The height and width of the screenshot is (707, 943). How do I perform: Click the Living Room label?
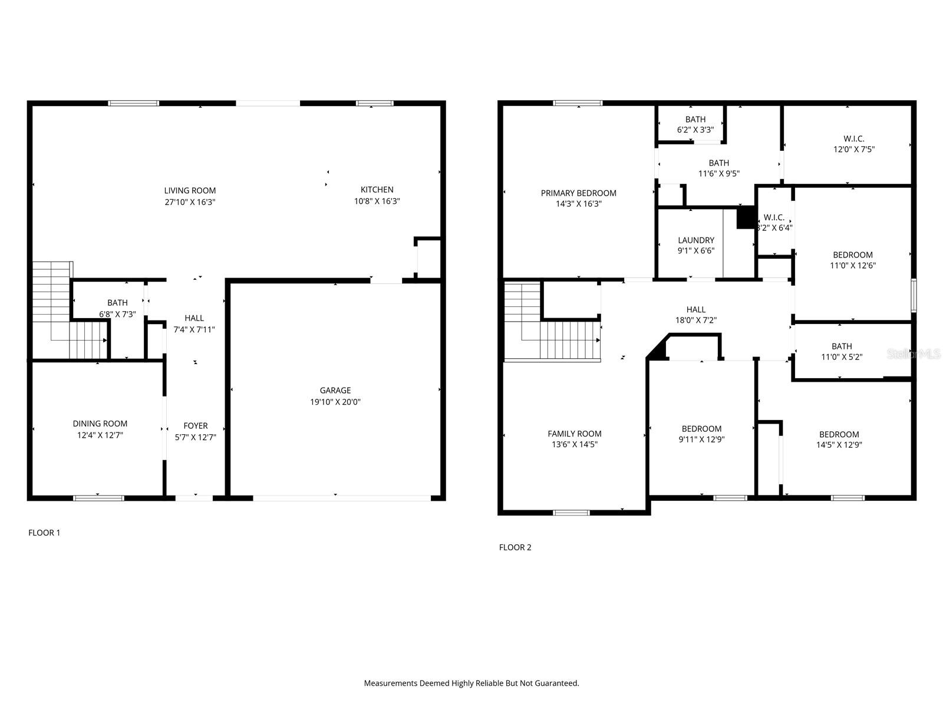click(190, 190)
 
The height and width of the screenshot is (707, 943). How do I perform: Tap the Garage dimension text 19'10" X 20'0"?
click(335, 402)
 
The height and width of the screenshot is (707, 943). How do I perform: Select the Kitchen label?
click(377, 190)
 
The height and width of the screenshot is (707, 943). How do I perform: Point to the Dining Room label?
click(100, 424)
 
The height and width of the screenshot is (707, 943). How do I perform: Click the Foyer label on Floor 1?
click(195, 425)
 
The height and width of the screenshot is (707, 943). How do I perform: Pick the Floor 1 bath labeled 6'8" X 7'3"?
click(117, 308)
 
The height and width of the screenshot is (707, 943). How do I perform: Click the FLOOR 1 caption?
click(44, 533)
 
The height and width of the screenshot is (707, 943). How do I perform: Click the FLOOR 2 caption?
click(515, 547)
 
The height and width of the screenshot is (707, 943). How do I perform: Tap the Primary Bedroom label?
click(578, 193)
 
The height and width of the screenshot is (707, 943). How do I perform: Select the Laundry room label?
click(695, 240)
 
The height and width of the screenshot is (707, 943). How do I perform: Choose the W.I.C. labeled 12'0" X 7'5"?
click(853, 144)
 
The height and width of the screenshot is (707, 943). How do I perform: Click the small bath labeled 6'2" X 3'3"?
click(695, 124)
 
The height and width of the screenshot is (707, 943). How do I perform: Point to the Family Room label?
click(574, 434)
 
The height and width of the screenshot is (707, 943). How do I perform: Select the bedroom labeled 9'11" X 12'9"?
click(701, 434)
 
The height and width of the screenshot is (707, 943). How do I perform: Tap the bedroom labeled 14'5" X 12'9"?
click(839, 440)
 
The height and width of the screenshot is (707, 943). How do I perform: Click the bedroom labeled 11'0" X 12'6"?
click(852, 260)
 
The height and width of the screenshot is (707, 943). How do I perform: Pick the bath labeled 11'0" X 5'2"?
click(842, 351)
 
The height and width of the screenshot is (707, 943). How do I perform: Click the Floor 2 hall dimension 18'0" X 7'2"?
click(695, 321)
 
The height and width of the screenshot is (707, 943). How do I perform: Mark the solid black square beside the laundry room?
click(746, 217)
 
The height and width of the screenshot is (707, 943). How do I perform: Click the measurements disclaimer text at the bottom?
click(471, 683)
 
